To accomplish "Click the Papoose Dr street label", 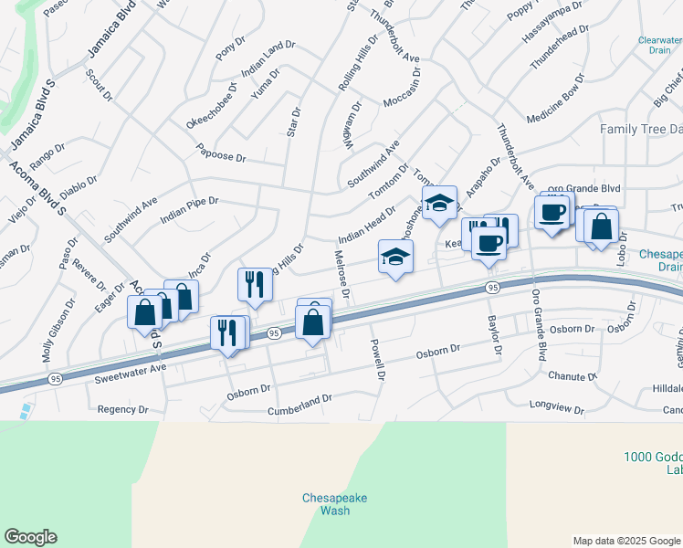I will click(222, 157).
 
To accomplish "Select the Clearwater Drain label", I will click(660, 45).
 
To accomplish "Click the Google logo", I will click(30, 537).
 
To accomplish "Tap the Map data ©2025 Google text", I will click(626, 541).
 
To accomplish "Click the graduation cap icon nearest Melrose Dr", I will click(395, 257).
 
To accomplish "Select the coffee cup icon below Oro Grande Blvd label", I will click(552, 212).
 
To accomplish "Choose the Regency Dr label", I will click(121, 409).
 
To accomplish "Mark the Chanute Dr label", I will click(573, 375).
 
